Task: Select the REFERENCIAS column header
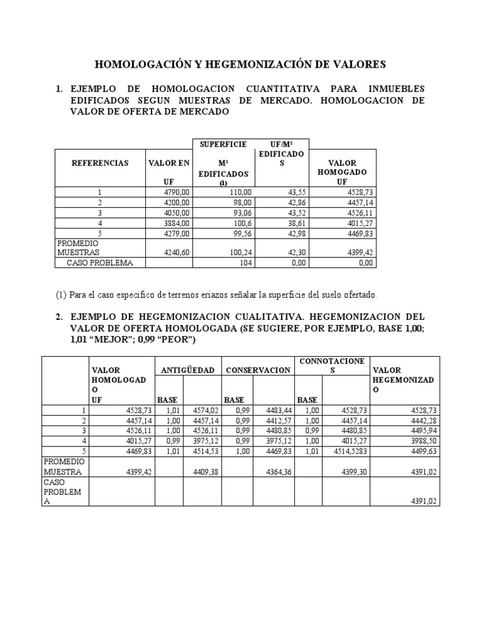(x=100, y=163)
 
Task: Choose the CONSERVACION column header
(x=258, y=370)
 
